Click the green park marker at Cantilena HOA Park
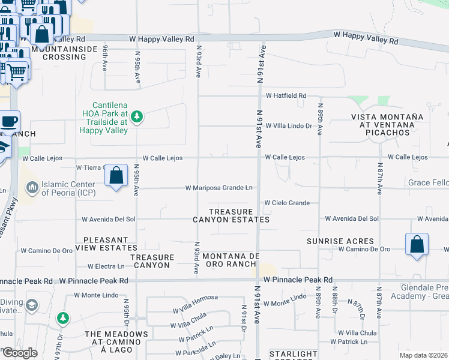pyautogui.click(x=137, y=116)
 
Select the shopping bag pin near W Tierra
pyautogui.click(x=116, y=176)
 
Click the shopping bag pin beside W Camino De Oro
pyautogui.click(x=417, y=245)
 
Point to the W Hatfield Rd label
pyautogui.click(x=286, y=95)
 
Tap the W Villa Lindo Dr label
pyautogui.click(x=289, y=126)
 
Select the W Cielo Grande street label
pyautogui.click(x=287, y=203)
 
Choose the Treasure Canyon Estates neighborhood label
pyautogui.click(x=231, y=216)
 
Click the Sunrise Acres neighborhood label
pyautogui.click(x=340, y=241)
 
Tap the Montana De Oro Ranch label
pyautogui.click(x=231, y=260)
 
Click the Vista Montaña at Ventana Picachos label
pyautogui.click(x=379, y=124)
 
